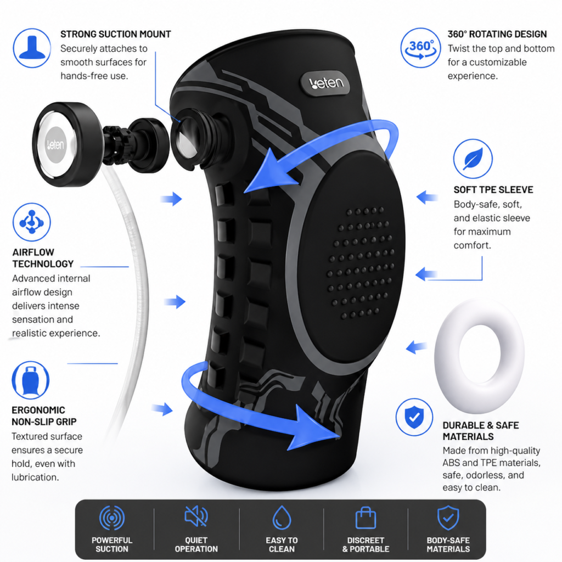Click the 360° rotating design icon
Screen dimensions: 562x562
(420, 48)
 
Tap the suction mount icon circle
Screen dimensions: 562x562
(32, 48)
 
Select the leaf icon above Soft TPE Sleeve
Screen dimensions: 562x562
(473, 159)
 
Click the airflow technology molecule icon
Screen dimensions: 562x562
(31, 222)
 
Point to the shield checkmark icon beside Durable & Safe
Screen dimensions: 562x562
(414, 417)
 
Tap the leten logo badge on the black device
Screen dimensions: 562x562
(326, 83)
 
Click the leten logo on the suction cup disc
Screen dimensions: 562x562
(56, 145)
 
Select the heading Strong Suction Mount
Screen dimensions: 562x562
(115, 34)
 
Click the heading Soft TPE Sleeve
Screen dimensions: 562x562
(493, 189)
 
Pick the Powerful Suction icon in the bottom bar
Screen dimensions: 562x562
(112, 518)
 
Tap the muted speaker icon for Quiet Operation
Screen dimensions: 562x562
(196, 516)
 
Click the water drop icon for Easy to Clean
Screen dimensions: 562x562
(282, 518)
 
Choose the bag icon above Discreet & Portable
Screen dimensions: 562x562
(366, 518)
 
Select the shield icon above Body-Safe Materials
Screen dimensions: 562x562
(448, 518)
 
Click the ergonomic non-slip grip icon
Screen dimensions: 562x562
(31, 380)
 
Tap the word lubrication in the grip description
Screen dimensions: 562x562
(35, 477)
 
